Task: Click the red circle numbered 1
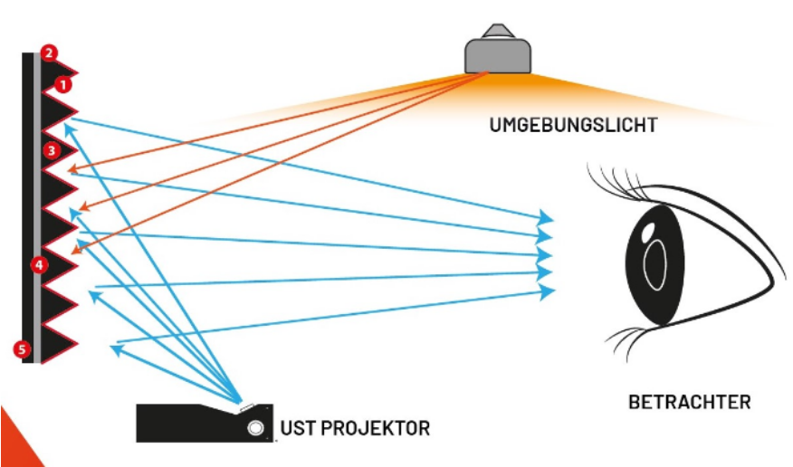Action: click(62, 85)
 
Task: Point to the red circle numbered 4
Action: click(39, 264)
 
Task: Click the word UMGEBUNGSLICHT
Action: click(573, 124)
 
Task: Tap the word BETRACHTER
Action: click(689, 401)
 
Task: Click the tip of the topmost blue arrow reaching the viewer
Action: click(548, 217)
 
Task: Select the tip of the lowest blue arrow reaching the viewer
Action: click(549, 290)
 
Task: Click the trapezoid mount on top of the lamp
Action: click(496, 31)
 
